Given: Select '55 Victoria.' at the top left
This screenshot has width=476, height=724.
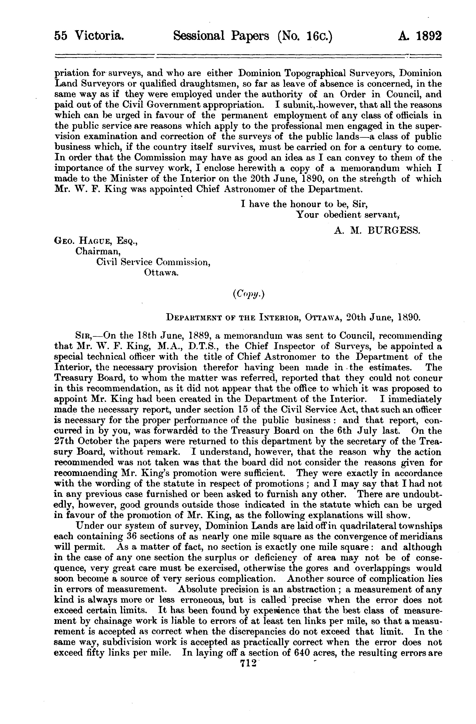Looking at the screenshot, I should [x=89, y=36].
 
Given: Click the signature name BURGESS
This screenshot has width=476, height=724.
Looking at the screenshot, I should [x=394, y=231].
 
